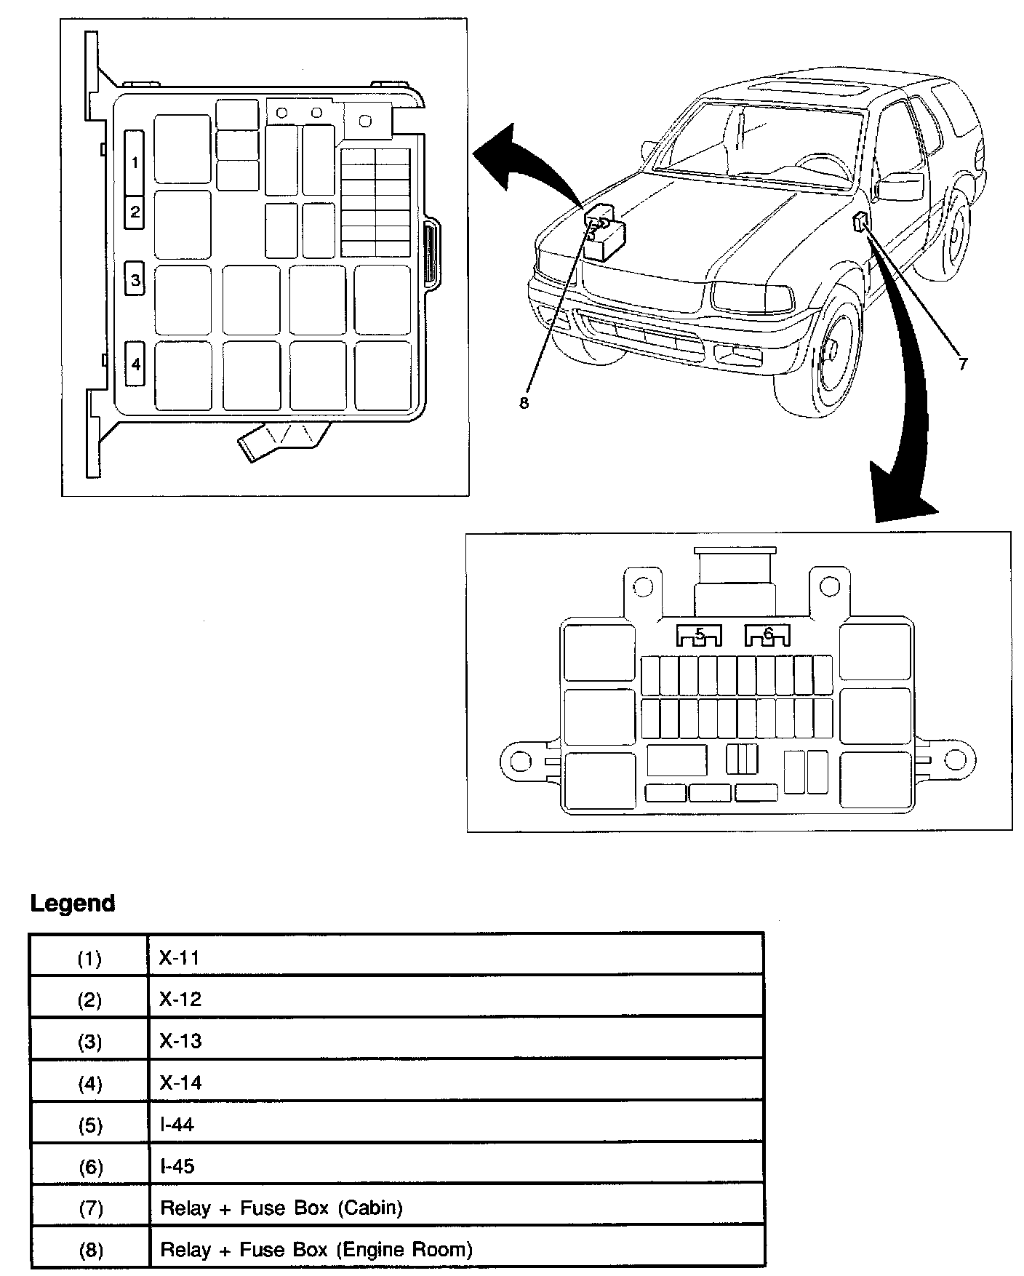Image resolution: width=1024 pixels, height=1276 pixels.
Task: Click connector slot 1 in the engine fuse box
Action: tap(135, 163)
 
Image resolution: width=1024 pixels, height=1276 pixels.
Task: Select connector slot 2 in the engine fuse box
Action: tap(135, 212)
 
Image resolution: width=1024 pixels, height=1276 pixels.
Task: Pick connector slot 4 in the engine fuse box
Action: tap(135, 363)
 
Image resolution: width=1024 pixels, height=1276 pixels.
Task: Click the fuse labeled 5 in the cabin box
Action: tap(699, 636)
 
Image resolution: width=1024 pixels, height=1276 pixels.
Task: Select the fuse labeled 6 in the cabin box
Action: tap(768, 636)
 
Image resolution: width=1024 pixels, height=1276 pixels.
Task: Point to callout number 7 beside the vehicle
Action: tap(963, 364)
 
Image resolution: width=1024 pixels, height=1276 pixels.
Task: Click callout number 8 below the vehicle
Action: tap(524, 403)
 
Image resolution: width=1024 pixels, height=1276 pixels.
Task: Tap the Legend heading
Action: tap(73, 904)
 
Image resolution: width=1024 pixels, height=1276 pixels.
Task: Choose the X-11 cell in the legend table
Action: tap(179, 958)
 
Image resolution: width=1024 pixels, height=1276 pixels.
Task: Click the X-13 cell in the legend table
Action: tap(180, 1041)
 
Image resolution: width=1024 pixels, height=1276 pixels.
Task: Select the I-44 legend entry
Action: tap(177, 1125)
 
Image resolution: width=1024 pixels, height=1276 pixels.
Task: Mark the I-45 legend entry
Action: tap(177, 1166)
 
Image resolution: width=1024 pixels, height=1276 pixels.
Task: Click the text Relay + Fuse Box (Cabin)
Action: tap(281, 1208)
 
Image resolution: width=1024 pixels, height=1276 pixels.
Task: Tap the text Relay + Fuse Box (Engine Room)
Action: tap(316, 1250)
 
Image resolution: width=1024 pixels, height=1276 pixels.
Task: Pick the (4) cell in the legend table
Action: tap(89, 1084)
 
